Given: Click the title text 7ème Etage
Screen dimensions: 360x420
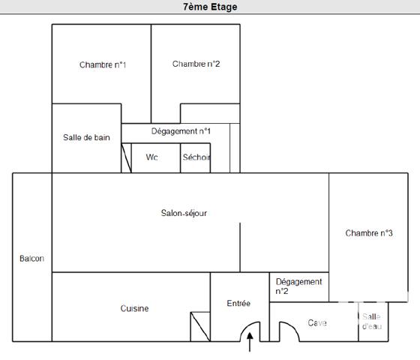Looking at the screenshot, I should pyautogui.click(x=209, y=7).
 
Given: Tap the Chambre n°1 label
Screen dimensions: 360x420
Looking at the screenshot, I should pyautogui.click(x=103, y=65).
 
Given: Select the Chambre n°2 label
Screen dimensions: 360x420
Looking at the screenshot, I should pyautogui.click(x=196, y=64).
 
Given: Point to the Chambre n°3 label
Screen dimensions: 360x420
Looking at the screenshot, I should pyautogui.click(x=369, y=233).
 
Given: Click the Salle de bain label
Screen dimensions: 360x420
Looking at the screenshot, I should pyautogui.click(x=86, y=137).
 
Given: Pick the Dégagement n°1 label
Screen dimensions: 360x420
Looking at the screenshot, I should pyautogui.click(x=181, y=131).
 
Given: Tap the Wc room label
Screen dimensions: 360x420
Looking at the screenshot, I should pyautogui.click(x=151, y=157).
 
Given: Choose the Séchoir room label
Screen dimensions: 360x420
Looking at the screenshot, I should pyautogui.click(x=196, y=157).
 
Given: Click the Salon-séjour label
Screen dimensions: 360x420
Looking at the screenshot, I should pyautogui.click(x=184, y=213).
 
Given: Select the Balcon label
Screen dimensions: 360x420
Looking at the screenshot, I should pyautogui.click(x=31, y=259).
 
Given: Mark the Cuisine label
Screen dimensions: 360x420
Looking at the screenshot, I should pyautogui.click(x=134, y=308).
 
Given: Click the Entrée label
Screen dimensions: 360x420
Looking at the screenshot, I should pyautogui.click(x=238, y=303).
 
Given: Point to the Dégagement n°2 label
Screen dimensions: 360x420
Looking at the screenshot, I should pyautogui.click(x=298, y=286).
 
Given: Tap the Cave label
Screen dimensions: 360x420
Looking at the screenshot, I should pyautogui.click(x=317, y=323).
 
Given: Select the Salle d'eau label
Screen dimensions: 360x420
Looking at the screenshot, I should pyautogui.click(x=371, y=322).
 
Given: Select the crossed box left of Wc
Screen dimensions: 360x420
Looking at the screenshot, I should pyautogui.click(x=126, y=158).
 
